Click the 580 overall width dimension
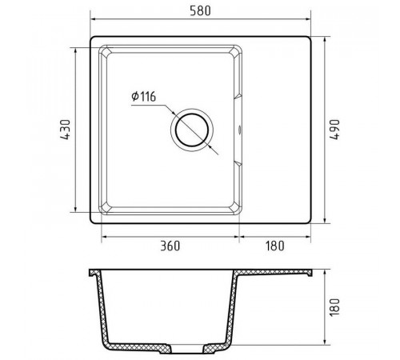200,11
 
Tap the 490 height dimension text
334,130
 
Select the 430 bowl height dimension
66,130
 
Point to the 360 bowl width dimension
170,246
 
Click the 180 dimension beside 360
274,246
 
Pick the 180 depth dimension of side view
334,307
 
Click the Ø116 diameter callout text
144,97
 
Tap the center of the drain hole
192,130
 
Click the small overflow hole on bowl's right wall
240,130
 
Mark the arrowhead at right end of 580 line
308,19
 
